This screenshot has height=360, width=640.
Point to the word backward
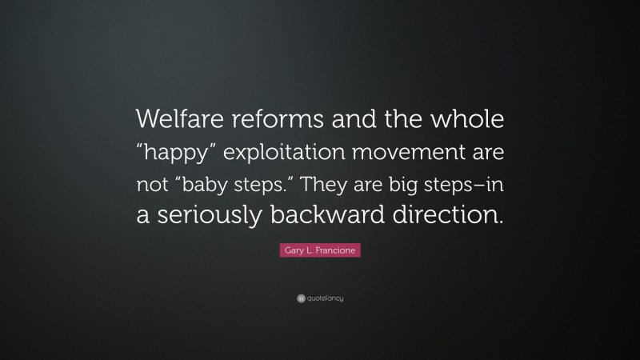(342, 214)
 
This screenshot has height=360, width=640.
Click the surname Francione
(334, 251)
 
